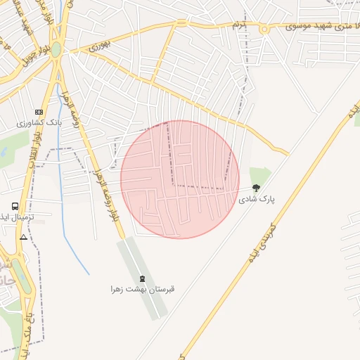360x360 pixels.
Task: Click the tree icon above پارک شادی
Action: (255, 188)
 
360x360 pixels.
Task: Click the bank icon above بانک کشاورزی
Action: (38, 112)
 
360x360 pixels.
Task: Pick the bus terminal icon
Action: (15, 206)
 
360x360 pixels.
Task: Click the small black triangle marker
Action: (24, 237)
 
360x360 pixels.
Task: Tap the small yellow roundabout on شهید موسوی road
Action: (264, 29)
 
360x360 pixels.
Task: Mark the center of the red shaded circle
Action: (180, 179)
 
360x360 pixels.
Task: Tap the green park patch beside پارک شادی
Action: (260, 176)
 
